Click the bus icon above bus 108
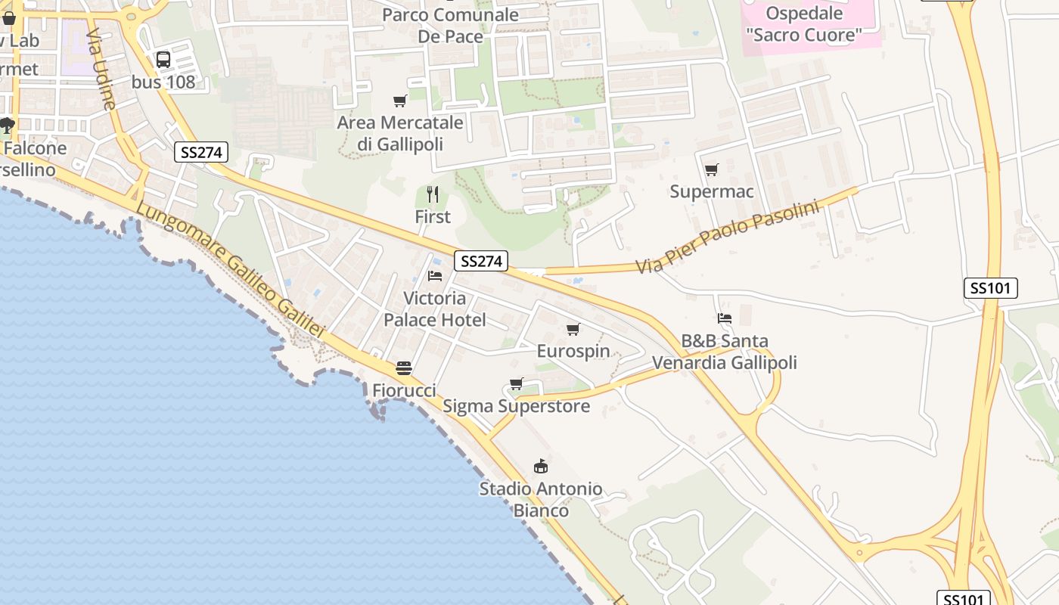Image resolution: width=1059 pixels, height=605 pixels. (163, 59)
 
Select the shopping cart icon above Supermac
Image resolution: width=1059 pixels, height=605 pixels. (711, 170)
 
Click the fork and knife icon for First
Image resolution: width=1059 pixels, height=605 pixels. (433, 194)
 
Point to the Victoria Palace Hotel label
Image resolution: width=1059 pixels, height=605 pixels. (434, 309)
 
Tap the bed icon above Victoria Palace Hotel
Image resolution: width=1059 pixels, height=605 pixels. (435, 275)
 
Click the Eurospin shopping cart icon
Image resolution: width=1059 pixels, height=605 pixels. (573, 329)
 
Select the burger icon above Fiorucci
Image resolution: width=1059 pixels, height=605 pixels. (404, 368)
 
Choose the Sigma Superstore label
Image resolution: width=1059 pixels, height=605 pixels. (516, 406)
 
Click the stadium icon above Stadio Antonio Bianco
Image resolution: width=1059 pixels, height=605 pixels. (540, 466)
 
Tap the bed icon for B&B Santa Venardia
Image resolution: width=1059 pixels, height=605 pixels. (725, 318)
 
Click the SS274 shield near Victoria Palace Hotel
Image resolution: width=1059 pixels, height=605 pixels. (481, 261)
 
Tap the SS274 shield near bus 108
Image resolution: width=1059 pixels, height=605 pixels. (200, 152)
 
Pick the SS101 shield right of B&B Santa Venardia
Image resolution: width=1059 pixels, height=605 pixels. (991, 288)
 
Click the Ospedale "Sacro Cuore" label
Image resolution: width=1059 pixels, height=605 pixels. (803, 23)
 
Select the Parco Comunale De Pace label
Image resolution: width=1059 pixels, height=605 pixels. (450, 25)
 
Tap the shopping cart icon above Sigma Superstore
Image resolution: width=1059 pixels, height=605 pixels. (517, 383)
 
